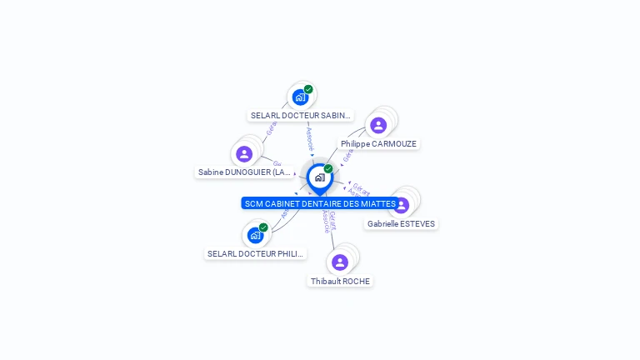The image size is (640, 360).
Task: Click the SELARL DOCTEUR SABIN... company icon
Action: pos(300,97)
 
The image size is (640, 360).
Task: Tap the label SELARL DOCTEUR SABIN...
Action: pos(301,116)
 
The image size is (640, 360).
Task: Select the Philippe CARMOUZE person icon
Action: pos(378,125)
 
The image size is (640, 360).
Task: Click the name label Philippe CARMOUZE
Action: pos(378,144)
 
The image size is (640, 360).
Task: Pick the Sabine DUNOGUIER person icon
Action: pos(244,153)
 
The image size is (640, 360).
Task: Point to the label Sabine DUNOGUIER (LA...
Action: pos(245,172)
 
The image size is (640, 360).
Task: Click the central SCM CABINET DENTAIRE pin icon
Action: pos(319,177)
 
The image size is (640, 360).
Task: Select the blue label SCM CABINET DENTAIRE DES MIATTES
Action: pos(320,203)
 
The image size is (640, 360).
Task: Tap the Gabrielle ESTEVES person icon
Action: pos(402,205)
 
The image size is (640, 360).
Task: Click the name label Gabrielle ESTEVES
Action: pos(401,224)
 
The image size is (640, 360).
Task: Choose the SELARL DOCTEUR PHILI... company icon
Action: pos(255,235)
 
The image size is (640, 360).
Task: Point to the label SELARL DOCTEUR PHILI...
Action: pos(256,254)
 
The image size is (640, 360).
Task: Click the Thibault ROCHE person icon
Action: pos(340,262)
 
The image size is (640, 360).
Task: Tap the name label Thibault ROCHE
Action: pos(340,282)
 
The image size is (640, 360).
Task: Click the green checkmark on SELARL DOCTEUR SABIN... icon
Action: pos(308,89)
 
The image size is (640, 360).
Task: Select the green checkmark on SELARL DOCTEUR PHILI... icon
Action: pos(263,227)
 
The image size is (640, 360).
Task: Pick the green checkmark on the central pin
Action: pos(328,169)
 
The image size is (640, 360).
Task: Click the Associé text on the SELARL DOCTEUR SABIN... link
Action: pos(309,137)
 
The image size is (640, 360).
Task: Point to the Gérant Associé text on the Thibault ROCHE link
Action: pos(329,222)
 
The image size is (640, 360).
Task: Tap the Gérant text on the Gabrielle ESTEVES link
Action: pos(360,188)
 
